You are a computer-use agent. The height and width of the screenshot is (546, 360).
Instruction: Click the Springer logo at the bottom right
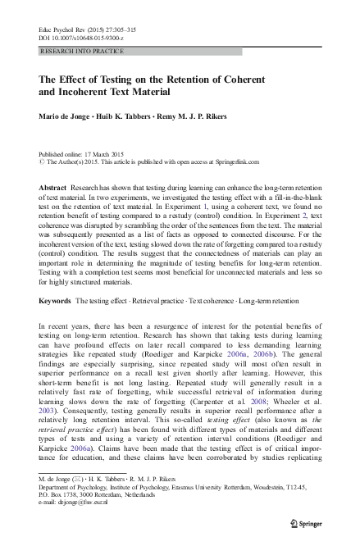click(x=308, y=523)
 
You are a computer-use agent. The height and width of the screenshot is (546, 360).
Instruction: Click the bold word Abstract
click(x=54, y=187)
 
